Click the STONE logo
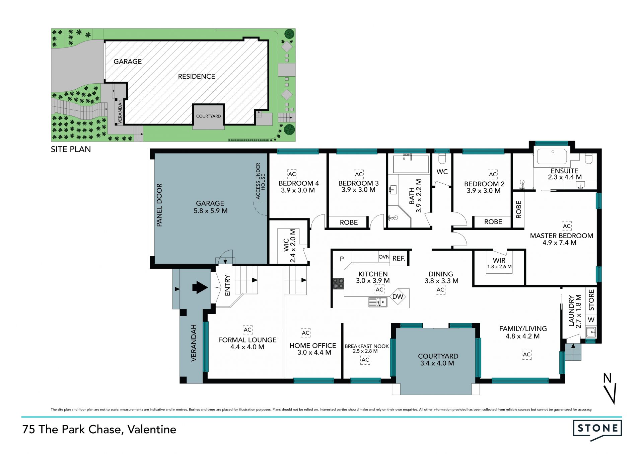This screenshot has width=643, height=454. click(597, 429)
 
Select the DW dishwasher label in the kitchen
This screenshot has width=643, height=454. click(398, 296)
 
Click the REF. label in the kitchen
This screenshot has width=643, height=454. click(399, 258)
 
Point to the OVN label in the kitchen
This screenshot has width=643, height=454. click(384, 257)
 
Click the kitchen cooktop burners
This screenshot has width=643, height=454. click(338, 283)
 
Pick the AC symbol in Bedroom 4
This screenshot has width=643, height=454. click(292, 174)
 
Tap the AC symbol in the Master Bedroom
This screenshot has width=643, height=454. click(567, 226)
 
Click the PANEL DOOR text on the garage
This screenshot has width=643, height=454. click(159, 205)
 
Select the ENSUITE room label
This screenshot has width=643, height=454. click(565, 171)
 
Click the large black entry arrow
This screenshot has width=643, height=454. click(200, 287)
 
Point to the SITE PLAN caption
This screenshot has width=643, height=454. click(71, 149)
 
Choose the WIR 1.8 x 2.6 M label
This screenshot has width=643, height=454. click(499, 263)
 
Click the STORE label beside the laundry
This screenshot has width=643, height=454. click(591, 300)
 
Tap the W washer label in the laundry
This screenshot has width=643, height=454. click(591, 320)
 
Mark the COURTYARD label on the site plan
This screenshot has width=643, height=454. click(208, 116)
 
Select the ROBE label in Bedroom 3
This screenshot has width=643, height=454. click(349, 222)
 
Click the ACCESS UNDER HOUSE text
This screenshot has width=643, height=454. click(261, 181)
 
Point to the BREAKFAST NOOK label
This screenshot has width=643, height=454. click(367, 346)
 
